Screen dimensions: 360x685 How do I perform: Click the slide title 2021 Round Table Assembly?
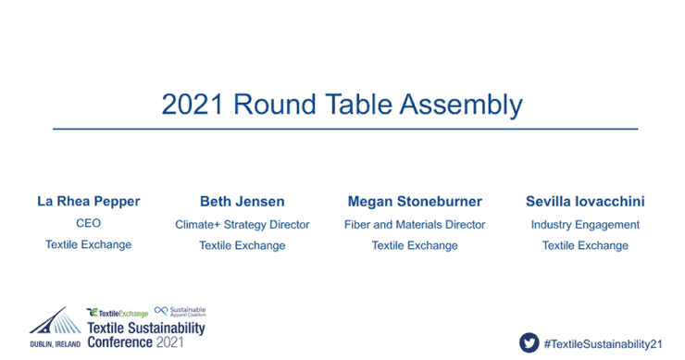click(x=342, y=104)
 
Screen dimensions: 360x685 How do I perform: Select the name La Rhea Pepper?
click(x=89, y=201)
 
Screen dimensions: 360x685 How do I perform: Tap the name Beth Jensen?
click(x=243, y=201)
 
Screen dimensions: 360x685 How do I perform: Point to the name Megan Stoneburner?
click(x=415, y=201)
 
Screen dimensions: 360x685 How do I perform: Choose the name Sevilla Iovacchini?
click(x=585, y=201)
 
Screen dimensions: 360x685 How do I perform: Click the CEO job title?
click(x=89, y=224)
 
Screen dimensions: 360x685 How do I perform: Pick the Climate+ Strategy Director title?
click(x=243, y=224)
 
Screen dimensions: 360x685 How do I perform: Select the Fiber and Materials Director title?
click(x=415, y=224)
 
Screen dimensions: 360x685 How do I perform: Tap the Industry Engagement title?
click(x=585, y=224)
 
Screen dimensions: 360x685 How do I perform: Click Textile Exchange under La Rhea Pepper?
click(x=89, y=245)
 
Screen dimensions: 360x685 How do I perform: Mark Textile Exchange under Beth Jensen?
click(x=243, y=245)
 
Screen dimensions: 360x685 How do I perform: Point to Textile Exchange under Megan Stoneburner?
click(x=415, y=245)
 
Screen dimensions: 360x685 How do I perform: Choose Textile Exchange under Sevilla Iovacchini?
click(x=585, y=245)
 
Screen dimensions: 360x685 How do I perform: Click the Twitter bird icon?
click(x=529, y=341)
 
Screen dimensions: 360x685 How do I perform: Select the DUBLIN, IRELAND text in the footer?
click(x=55, y=343)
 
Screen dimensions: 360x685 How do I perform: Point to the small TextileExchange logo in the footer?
click(x=117, y=313)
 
